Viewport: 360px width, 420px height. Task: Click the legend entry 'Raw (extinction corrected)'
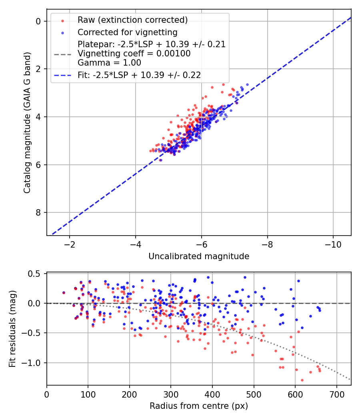(x=132, y=20)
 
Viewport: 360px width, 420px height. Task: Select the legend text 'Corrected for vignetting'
(x=128, y=32)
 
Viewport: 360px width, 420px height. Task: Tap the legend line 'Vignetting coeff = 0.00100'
(x=134, y=54)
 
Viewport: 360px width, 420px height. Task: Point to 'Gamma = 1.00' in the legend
(x=109, y=62)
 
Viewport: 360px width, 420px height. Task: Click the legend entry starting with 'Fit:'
(x=139, y=75)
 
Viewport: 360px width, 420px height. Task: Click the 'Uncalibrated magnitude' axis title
(x=199, y=256)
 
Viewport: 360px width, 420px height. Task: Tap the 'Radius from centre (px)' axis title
(x=199, y=406)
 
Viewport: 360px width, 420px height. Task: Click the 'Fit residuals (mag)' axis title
(x=12, y=329)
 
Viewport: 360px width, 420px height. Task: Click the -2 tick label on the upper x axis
(x=70, y=244)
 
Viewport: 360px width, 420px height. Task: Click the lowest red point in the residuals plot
(x=302, y=380)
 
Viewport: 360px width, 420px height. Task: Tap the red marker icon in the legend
(x=62, y=20)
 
